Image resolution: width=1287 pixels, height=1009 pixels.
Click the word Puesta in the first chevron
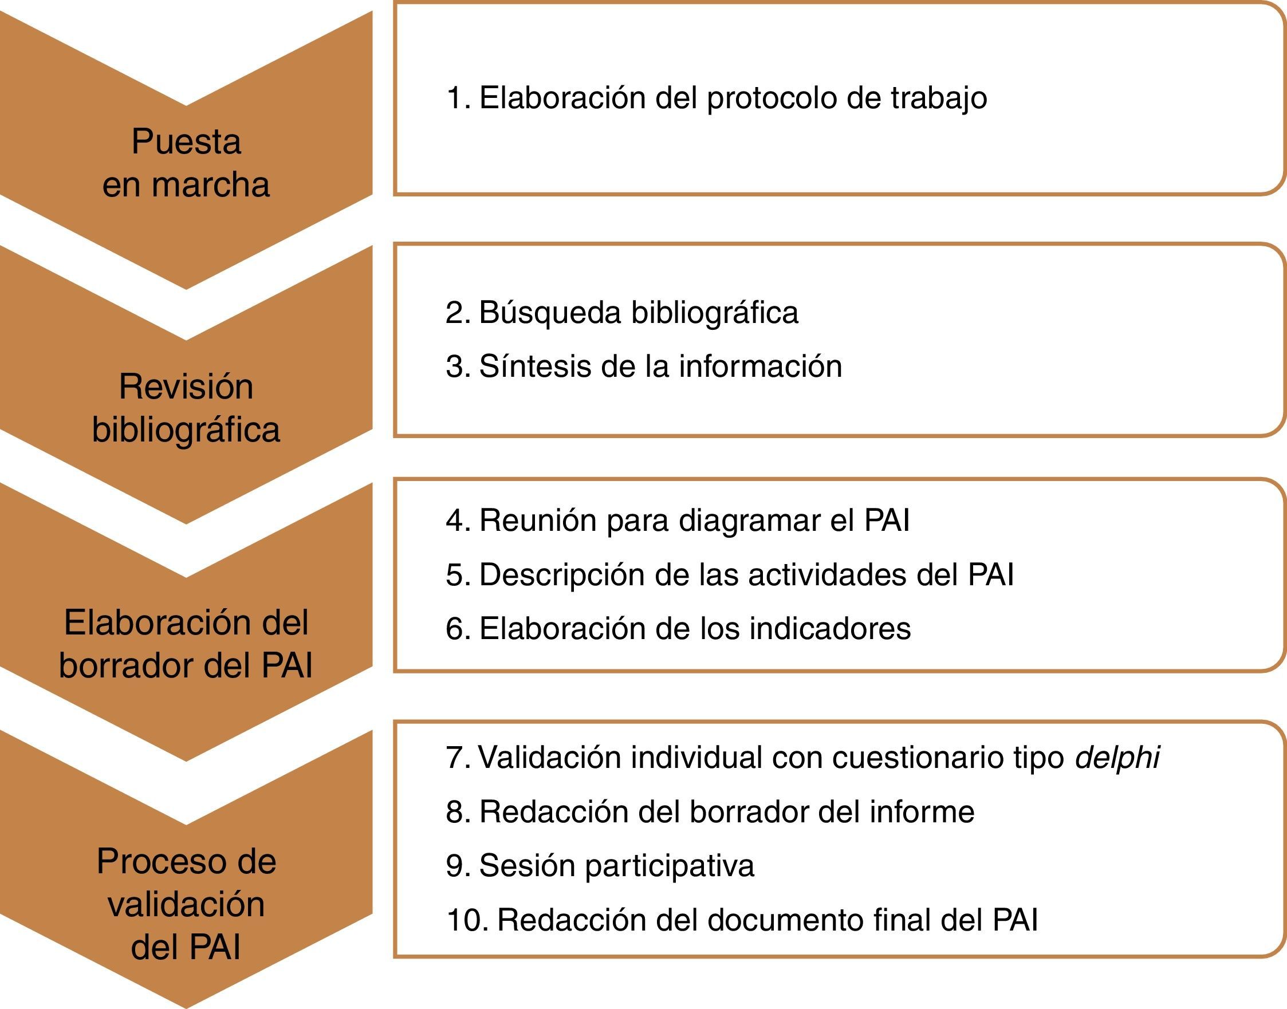click(186, 143)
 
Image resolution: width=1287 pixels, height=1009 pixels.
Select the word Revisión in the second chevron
click(186, 387)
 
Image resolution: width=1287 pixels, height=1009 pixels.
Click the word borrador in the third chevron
click(127, 665)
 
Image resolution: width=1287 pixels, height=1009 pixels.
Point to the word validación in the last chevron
click(186, 904)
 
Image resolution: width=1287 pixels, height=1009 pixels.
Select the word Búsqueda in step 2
click(549, 313)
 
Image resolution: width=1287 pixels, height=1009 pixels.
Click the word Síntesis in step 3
click(535, 366)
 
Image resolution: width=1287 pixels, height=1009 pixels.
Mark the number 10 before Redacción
click(466, 920)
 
